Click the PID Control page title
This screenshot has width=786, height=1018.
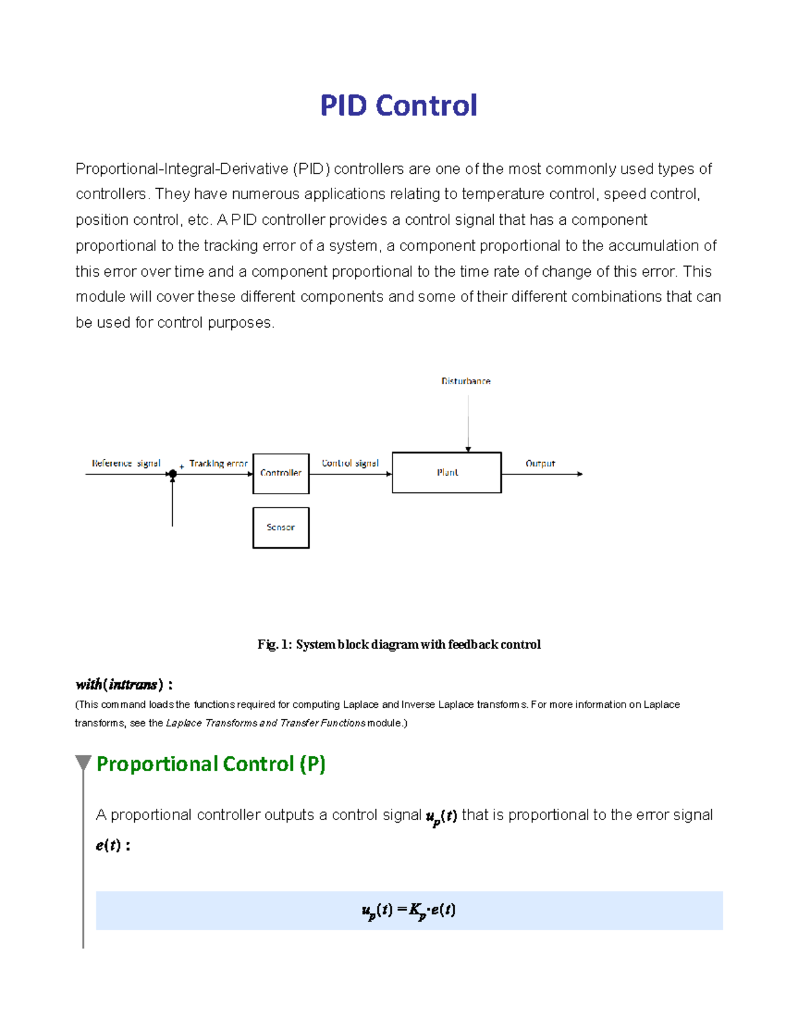coord(398,106)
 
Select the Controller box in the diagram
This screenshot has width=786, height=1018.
coord(281,473)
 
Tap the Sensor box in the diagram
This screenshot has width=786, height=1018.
coord(281,528)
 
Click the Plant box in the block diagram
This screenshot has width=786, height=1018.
coord(447,473)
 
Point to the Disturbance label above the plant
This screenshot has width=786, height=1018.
coord(466,381)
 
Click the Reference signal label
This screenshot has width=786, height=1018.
coord(126,463)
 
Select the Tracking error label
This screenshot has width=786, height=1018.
coord(218,463)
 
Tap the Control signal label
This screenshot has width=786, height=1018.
coord(350,463)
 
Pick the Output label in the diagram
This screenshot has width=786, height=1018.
coord(540,463)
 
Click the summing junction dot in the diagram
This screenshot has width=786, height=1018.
coord(172,474)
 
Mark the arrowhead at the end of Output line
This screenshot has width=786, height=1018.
coord(580,474)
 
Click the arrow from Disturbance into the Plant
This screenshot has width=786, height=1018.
coord(468,420)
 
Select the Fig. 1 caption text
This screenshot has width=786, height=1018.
coord(399,644)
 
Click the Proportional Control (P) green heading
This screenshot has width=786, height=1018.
coord(211,764)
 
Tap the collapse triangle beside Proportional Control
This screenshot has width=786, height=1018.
coord(83,762)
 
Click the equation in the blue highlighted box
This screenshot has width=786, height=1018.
coord(409,910)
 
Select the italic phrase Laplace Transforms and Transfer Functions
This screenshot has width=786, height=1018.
coord(266,723)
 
